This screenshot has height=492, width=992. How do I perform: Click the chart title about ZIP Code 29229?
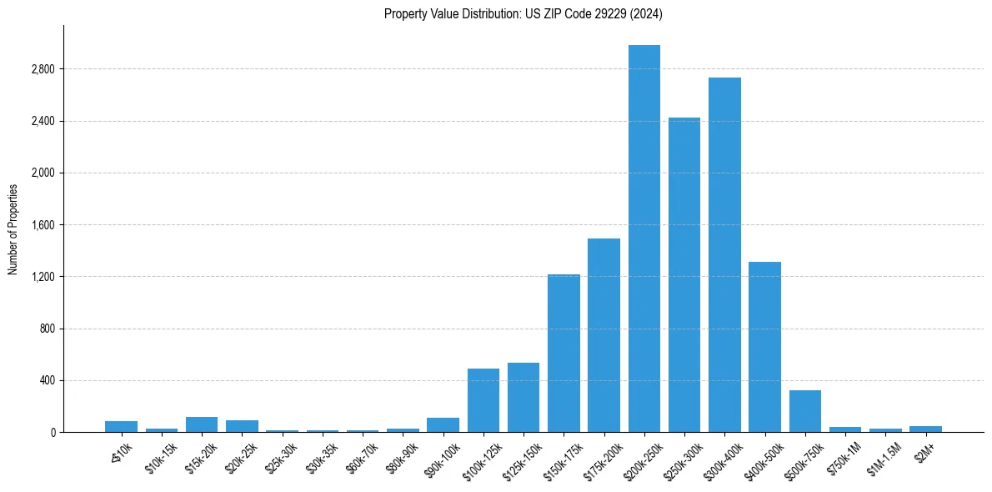523,13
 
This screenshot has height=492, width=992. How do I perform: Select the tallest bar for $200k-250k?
644,238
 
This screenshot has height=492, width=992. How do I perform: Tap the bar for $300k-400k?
724,254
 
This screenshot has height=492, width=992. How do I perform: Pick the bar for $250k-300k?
684,274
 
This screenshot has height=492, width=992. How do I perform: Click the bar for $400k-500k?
764,347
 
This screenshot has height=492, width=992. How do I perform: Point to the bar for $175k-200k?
604,335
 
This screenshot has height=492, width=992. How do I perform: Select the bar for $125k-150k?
524,397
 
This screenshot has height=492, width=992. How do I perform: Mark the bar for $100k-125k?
483,400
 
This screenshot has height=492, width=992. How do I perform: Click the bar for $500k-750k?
804,411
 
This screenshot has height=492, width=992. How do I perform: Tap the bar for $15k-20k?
202,424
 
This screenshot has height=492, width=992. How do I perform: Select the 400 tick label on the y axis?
47,381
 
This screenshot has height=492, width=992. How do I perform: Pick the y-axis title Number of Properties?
13,228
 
